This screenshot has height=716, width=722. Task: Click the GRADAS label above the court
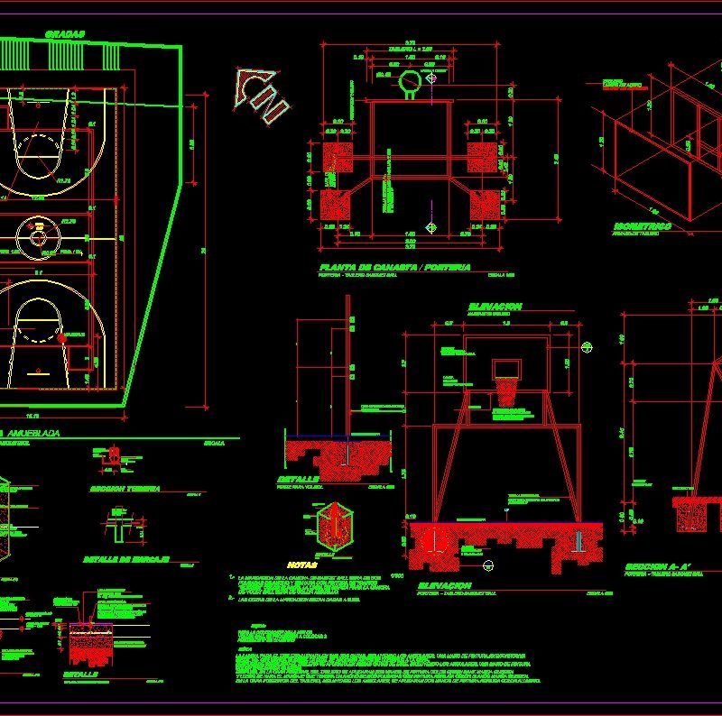64,34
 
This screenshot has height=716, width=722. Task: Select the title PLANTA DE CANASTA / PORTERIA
394,268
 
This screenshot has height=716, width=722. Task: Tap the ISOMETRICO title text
642,225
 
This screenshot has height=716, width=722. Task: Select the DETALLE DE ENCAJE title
126,559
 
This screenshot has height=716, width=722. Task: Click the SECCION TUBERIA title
125,488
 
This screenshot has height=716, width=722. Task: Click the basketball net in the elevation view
506,390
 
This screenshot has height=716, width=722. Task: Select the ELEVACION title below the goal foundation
443,585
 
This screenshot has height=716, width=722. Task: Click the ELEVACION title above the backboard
494,308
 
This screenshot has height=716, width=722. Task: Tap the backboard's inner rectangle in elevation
506,367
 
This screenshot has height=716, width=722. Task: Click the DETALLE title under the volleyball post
298,478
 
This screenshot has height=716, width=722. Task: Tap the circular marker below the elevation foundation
489,565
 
